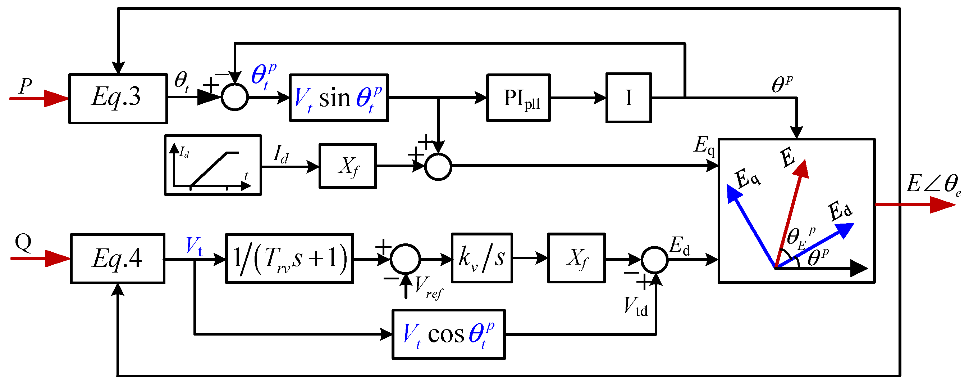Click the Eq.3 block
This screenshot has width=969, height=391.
tap(118, 98)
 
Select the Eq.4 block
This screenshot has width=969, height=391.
tap(118, 259)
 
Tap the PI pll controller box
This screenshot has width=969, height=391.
tap(518, 98)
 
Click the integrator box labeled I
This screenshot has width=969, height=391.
tap(628, 98)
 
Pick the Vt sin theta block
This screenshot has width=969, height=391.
tap(339, 98)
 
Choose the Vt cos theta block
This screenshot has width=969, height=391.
tap(448, 334)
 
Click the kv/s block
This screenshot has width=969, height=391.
tap(481, 258)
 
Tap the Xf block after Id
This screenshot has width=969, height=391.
tap(348, 166)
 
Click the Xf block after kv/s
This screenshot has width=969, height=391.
tap(576, 258)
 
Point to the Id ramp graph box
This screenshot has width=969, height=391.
tap(213, 165)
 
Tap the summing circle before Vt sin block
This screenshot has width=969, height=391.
tap(234, 98)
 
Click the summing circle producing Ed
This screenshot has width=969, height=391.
tap(654, 260)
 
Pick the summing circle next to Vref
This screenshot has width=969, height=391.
tap(405, 259)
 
